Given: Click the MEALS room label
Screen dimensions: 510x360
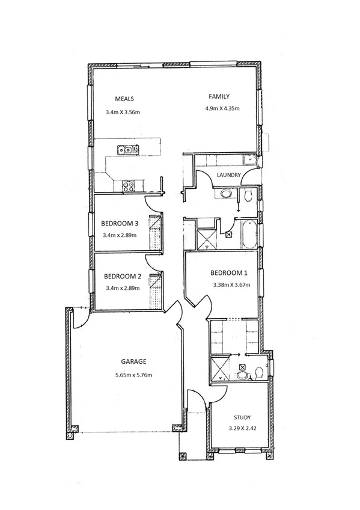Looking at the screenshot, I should (124, 99).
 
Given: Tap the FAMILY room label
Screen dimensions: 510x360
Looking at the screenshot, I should (219, 96).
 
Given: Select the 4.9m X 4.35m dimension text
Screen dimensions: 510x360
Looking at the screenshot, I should (222, 109).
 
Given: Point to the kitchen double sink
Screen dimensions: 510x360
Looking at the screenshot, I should (127, 150).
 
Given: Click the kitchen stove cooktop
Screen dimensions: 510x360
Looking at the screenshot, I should (128, 186).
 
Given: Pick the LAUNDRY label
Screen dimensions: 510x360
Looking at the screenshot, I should (230, 176).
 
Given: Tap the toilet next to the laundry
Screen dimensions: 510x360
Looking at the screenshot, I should (248, 194).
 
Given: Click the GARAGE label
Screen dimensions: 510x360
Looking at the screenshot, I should (134, 362).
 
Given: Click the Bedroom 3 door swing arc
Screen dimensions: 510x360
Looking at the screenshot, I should (155, 208).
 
